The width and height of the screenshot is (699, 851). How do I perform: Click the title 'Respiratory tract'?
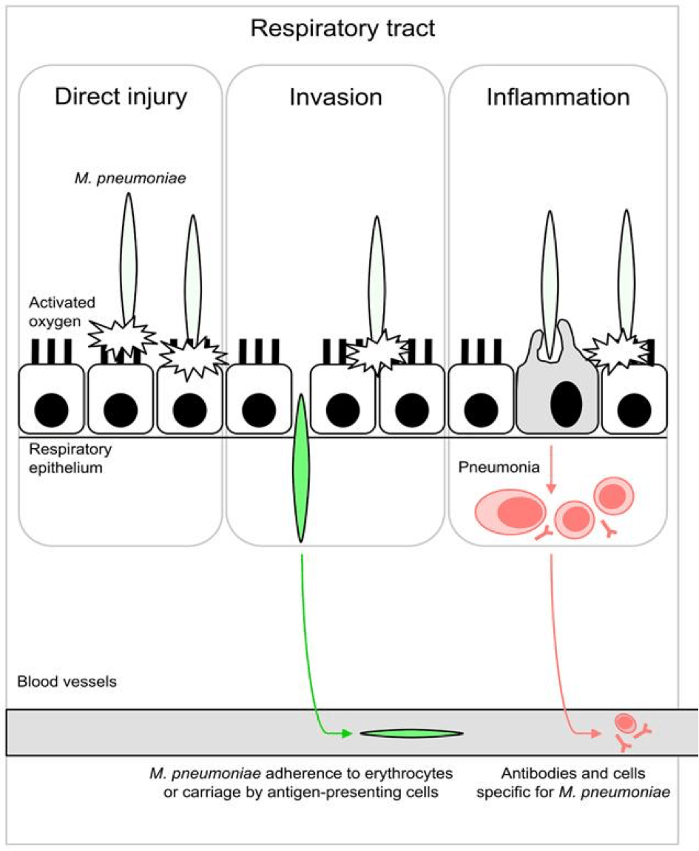[x=342, y=29]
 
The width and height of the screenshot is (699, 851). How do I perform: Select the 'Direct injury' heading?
[x=120, y=98]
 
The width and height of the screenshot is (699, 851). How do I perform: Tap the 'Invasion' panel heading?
[x=337, y=98]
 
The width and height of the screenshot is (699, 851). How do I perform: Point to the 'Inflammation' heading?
[x=558, y=98]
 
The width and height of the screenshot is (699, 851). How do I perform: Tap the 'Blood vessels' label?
[x=67, y=682]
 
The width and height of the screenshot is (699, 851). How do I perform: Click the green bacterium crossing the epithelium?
[x=301, y=467]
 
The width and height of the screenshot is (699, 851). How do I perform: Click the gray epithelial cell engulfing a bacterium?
[x=558, y=392]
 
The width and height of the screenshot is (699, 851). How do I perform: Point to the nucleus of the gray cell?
[x=562, y=400]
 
